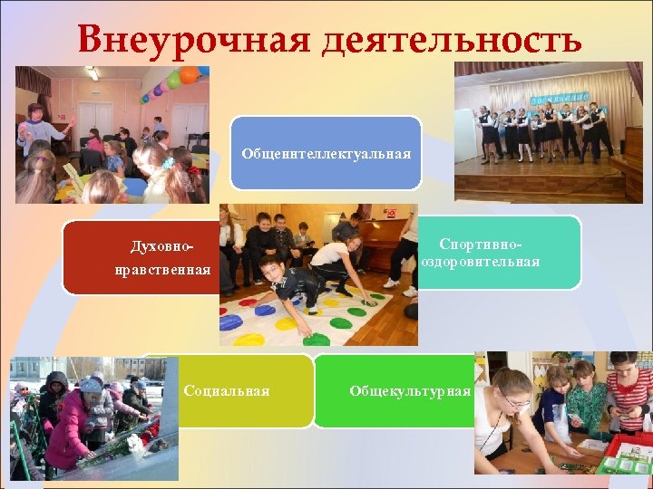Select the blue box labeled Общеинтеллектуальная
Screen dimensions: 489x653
point(326,152)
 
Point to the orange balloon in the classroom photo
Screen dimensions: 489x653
point(189,75)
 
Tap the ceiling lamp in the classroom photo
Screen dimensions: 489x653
point(92,73)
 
